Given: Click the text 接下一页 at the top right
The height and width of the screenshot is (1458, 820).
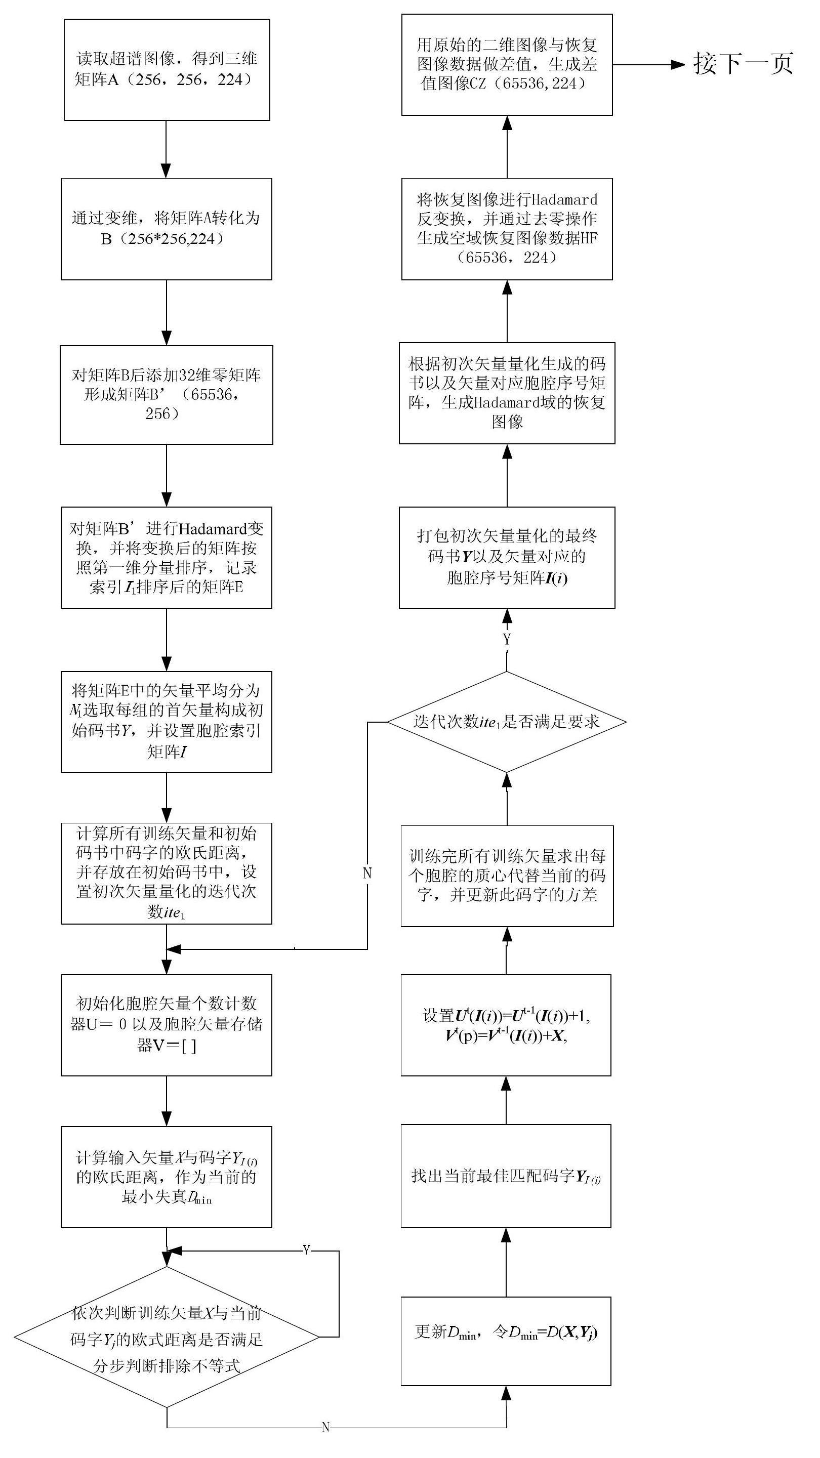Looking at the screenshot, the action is point(743,63).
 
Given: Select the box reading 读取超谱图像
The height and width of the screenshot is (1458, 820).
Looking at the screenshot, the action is point(167,70).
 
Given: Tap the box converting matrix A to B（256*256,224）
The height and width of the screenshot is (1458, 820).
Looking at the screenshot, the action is point(167,229).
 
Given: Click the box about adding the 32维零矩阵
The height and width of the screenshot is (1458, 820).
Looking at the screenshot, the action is point(167,395).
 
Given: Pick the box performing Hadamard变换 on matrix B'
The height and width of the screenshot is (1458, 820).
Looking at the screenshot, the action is point(167,558).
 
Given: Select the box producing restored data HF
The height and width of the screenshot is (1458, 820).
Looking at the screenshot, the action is point(507,229).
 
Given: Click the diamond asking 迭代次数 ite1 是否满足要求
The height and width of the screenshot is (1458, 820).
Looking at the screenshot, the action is point(507,722).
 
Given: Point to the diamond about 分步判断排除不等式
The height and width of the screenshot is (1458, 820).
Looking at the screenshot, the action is point(167,1338).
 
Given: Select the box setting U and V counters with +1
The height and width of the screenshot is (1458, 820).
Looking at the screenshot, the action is point(506,1025).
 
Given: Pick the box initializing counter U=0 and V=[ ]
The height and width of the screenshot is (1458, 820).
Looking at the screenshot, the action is point(167,1025).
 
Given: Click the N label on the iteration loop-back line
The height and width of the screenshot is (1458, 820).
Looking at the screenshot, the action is point(367,873).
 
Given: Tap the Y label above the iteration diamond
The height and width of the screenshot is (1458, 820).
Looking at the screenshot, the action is point(507,640).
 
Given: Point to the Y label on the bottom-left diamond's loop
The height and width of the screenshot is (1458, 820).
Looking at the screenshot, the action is point(306,1249).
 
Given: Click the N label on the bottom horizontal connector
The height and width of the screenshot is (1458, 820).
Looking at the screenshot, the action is point(325,1428).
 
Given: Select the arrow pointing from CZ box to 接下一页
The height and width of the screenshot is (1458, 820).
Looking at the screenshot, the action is point(649,64).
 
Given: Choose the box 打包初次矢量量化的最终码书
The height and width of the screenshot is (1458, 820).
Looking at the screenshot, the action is point(507,558).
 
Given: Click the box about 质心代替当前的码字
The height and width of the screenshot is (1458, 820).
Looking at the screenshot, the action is point(507,876).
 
